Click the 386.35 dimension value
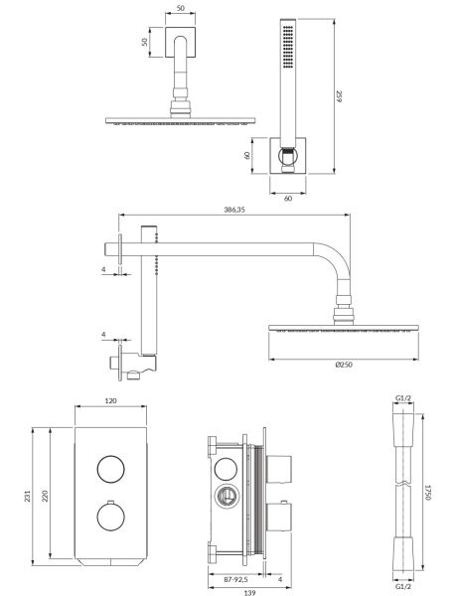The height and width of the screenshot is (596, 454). [234, 209]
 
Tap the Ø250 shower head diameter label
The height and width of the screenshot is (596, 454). [344, 365]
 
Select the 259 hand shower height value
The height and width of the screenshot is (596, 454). [339, 95]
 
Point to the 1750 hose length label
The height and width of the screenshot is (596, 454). [427, 493]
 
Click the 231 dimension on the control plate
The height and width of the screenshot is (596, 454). [28, 496]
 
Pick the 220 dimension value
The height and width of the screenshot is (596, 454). [45, 496]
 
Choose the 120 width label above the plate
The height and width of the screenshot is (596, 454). [110, 400]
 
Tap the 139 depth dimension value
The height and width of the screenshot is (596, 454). [249, 592]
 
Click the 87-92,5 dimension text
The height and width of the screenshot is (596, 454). [235, 580]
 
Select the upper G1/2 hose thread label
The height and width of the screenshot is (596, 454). [403, 398]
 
